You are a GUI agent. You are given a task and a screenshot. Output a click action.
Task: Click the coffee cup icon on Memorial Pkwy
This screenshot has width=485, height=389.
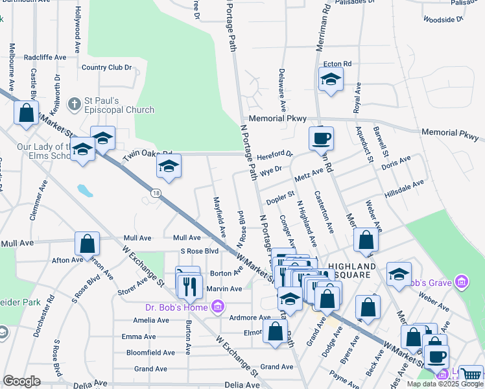[x=321, y=137]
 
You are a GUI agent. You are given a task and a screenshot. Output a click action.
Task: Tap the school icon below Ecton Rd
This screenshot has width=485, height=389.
[x=331, y=80]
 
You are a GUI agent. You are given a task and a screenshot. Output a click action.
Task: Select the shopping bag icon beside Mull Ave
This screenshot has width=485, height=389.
[x=88, y=244]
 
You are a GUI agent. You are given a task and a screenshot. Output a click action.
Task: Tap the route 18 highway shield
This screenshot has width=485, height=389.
[x=156, y=193]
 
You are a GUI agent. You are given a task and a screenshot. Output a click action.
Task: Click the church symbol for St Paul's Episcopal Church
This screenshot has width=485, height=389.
[x=77, y=102]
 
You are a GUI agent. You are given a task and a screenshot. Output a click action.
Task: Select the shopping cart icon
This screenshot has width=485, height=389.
[x=471, y=375]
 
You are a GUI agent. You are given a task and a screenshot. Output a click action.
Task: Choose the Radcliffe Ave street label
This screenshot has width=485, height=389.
[x=45, y=57]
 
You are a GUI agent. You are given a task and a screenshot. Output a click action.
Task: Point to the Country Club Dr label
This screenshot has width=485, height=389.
[x=107, y=67]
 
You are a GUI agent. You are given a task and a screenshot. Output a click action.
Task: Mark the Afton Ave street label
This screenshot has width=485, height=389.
[x=67, y=260]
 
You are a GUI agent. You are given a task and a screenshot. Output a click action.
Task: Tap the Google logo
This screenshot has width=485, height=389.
[x=21, y=381]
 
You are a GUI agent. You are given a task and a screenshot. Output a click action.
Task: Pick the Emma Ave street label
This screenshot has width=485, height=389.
[x=139, y=336]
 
